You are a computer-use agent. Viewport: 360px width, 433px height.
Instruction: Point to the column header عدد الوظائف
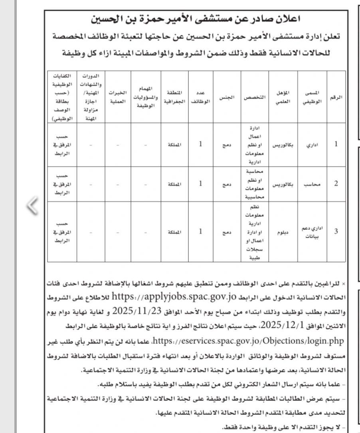point(200,97)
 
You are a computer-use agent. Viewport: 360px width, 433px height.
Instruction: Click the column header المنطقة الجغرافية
point(174,97)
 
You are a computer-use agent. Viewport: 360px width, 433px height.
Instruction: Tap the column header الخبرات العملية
point(118,97)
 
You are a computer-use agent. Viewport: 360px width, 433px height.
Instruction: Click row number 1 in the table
point(336,144)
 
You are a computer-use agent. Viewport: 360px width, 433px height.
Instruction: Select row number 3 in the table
point(336,231)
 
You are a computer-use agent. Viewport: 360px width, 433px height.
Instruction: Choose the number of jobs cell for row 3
point(200,231)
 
